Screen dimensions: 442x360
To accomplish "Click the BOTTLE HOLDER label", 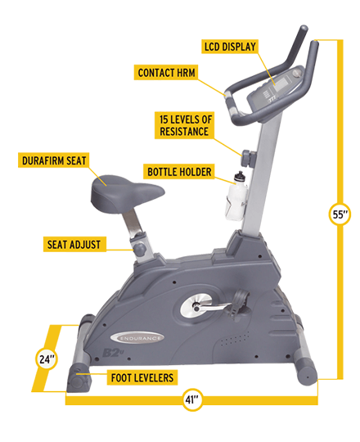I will point(179,172).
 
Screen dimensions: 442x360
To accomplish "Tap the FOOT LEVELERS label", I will point(142,377).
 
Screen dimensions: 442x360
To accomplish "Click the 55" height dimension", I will point(338,214).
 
